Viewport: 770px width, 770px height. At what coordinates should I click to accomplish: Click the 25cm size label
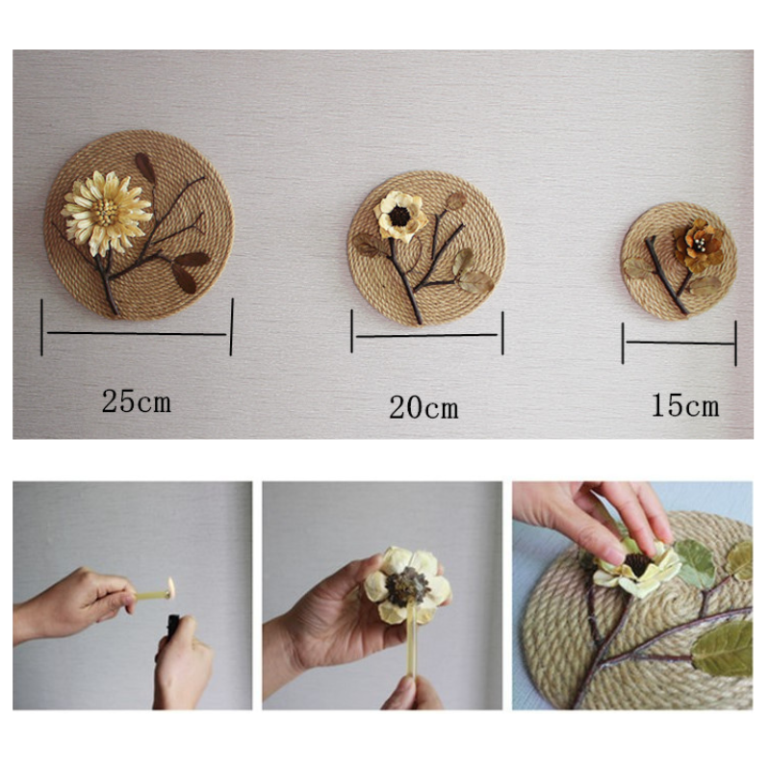click(x=137, y=400)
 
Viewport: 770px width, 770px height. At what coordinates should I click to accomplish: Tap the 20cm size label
click(x=423, y=407)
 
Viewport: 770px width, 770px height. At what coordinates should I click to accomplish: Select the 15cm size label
click(x=685, y=405)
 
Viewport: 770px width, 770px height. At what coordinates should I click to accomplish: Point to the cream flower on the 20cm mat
click(x=399, y=216)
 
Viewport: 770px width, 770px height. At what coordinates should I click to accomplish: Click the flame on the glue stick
click(x=170, y=587)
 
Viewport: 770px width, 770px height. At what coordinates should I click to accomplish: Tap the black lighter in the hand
click(x=173, y=627)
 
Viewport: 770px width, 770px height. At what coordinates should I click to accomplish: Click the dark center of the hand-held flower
click(x=406, y=586)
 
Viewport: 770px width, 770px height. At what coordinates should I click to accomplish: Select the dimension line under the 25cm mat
click(x=137, y=333)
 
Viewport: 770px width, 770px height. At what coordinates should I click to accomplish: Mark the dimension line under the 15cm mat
click(x=680, y=343)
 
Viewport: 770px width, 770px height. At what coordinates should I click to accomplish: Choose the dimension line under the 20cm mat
click(x=426, y=336)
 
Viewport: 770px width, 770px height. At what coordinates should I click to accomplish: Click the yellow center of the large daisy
click(x=105, y=213)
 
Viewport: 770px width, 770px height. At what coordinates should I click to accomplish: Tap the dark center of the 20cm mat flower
click(x=399, y=216)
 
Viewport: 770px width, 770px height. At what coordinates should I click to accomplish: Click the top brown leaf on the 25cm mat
click(x=145, y=167)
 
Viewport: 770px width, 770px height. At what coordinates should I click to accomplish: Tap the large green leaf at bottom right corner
click(x=723, y=648)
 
